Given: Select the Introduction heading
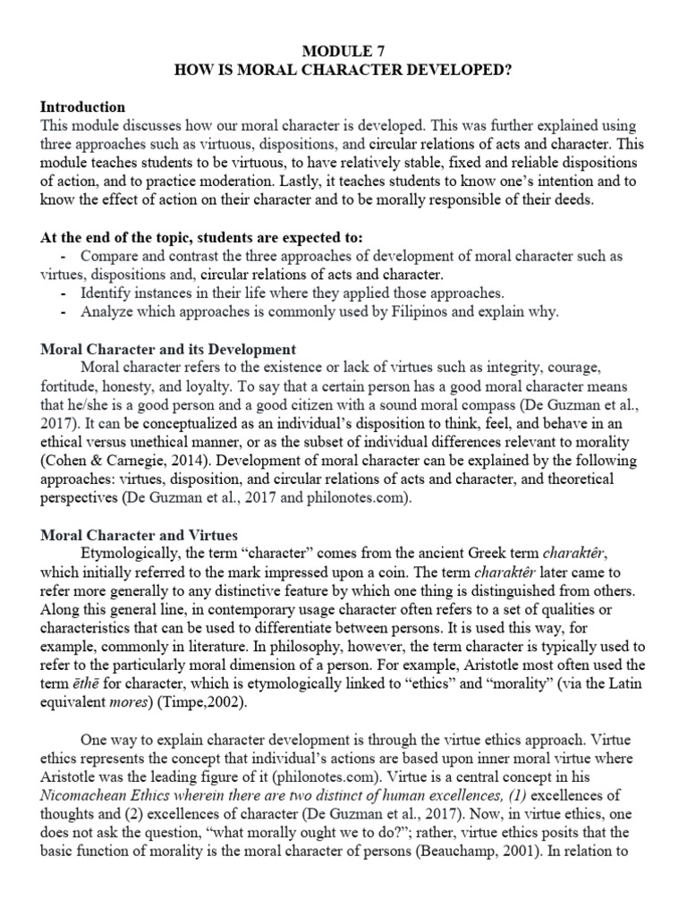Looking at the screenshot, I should pos(83,107).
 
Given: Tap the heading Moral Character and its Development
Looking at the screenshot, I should pos(168,348).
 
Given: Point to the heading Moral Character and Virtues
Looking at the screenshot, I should pos(139,535).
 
